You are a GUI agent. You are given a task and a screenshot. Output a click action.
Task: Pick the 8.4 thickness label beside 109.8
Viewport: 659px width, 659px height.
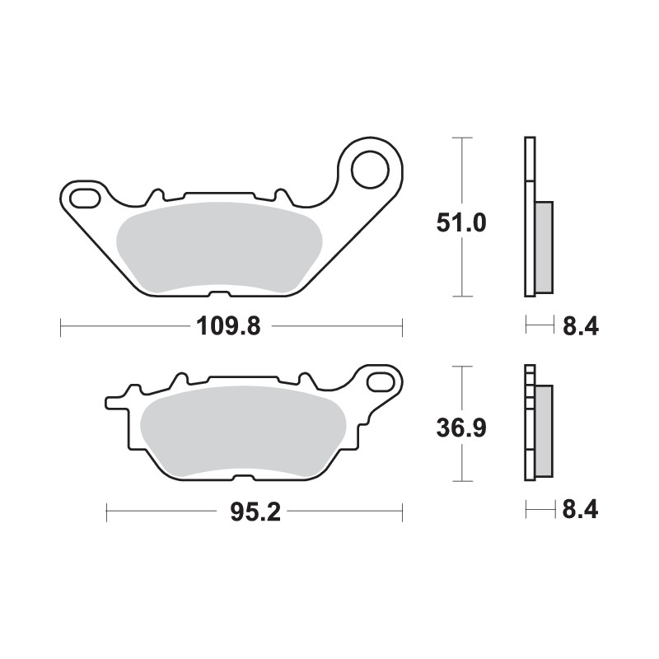pyautogui.click(x=580, y=327)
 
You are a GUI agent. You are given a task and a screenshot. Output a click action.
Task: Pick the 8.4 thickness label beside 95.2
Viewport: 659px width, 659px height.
pyautogui.click(x=580, y=512)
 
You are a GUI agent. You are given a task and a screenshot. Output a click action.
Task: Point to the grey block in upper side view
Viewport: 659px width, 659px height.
pyautogui.click(x=544, y=246)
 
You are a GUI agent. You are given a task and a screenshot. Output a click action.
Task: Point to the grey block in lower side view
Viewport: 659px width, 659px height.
pyautogui.click(x=544, y=432)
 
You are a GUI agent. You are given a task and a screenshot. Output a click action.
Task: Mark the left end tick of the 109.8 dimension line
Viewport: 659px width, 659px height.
pyautogui.click(x=62, y=327)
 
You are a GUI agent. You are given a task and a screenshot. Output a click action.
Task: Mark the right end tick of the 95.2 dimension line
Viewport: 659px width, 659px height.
pyautogui.click(x=402, y=512)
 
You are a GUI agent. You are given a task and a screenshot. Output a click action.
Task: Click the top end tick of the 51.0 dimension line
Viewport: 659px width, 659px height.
pyautogui.click(x=464, y=138)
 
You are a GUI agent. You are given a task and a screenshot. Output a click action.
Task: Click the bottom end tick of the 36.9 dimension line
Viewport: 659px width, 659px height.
pyautogui.click(x=464, y=481)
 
